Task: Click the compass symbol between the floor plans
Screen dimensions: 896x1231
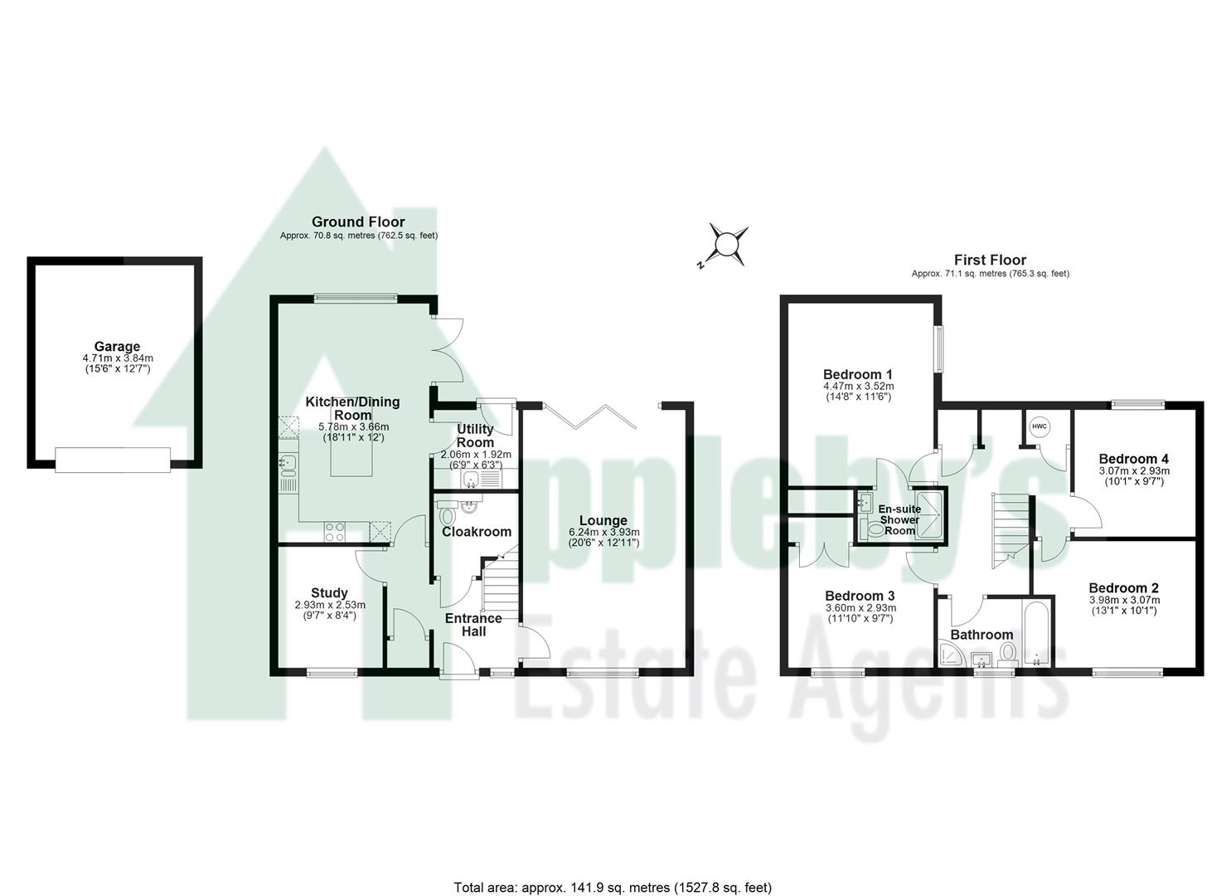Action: click(x=726, y=245)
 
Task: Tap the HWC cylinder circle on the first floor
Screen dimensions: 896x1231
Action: click(x=1039, y=426)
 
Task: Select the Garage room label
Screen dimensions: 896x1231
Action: click(x=117, y=347)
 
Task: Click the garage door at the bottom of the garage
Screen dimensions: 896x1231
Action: click(x=113, y=459)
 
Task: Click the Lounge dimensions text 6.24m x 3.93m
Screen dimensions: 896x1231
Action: click(x=603, y=532)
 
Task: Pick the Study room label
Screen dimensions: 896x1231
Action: click(x=329, y=592)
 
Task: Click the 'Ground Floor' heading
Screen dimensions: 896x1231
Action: click(x=358, y=222)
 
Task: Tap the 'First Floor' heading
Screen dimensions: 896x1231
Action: click(x=990, y=260)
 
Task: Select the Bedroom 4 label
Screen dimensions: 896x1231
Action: click(x=1133, y=459)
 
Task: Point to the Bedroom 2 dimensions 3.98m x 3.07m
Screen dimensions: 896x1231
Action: click(x=1123, y=600)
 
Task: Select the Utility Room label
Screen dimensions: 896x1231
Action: click(x=475, y=436)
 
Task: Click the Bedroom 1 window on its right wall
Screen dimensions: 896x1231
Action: click(x=939, y=348)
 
